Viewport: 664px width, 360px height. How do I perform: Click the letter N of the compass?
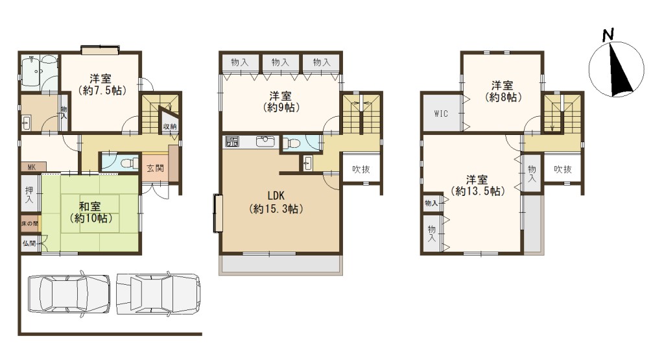click(x=608, y=34)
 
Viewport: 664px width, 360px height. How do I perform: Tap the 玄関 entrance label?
click(x=155, y=168)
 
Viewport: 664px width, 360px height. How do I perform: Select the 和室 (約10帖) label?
click(x=91, y=212)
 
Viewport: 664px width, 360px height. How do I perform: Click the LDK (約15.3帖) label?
click(x=276, y=202)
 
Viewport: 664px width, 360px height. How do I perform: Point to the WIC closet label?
click(x=441, y=114)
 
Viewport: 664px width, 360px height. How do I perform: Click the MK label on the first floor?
click(x=31, y=167)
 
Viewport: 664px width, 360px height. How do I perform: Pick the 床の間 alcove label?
click(x=30, y=224)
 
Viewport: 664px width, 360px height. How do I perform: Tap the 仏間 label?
click(x=29, y=243)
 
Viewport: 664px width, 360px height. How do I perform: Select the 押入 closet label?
click(x=29, y=195)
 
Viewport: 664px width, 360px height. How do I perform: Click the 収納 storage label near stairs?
click(x=170, y=126)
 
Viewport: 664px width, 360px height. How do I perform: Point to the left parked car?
click(x=69, y=294)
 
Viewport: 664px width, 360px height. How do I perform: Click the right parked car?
click(x=158, y=294)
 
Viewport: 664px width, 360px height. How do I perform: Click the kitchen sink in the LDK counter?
click(x=265, y=141)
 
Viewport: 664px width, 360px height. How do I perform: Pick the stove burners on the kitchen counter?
click(x=232, y=141)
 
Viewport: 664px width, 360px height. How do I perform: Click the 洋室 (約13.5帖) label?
click(x=478, y=185)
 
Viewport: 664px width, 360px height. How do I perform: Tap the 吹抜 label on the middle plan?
click(x=361, y=169)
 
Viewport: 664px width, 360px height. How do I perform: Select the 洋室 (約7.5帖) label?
click(x=102, y=84)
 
